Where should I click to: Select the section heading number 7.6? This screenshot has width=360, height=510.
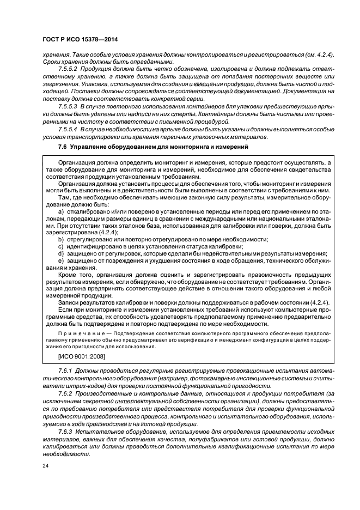tap(63, 147)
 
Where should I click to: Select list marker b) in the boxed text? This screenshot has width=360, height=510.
tap(61, 239)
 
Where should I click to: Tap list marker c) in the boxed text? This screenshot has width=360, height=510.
tap(61, 246)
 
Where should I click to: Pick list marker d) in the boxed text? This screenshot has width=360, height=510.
tap(61, 253)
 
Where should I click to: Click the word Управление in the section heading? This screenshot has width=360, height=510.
tap(92, 147)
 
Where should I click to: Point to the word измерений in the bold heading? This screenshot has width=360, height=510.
tap(233, 147)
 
